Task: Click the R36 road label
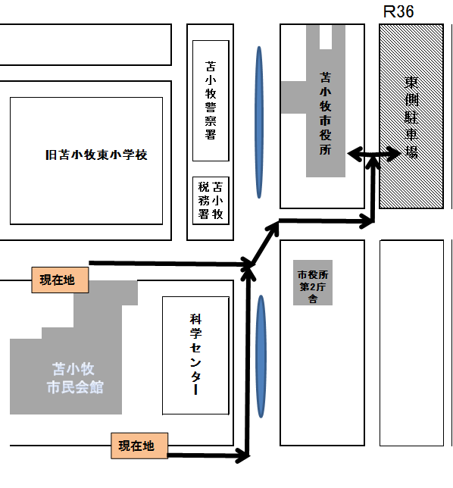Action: tap(398, 12)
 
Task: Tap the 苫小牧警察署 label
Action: tap(211, 100)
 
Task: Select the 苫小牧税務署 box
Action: tap(211, 201)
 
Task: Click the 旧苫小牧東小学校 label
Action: tap(96, 155)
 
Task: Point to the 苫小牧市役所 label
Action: tap(326, 114)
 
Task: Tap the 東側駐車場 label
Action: tap(411, 117)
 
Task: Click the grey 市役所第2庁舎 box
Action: tap(313, 283)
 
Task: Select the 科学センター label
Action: tap(195, 355)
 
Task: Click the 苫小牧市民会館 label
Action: tap(75, 378)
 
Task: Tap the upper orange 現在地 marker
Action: tap(60, 280)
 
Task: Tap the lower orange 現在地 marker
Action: tap(139, 446)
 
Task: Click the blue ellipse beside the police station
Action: tap(259, 122)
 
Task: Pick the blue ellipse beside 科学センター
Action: tap(261, 356)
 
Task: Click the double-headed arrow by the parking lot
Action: tap(373, 153)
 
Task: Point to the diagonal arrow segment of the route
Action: tap(265, 244)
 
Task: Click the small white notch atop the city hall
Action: tap(326, 36)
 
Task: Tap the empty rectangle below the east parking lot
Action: tap(411, 343)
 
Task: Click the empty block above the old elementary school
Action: tap(86, 45)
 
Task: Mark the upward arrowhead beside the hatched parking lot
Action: tap(373, 162)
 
